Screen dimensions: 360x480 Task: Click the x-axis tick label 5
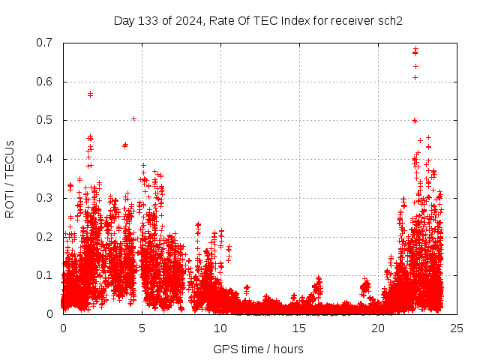(x=142, y=328)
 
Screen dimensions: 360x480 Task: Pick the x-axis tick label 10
(x=220, y=328)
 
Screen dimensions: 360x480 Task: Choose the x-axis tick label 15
(x=299, y=328)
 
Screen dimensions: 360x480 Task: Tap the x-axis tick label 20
(x=378, y=328)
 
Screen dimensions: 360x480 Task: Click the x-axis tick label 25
(x=457, y=328)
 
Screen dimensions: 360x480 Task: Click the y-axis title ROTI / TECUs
(x=10, y=178)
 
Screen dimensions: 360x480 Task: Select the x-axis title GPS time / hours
(x=258, y=349)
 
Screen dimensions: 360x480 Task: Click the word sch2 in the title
(x=390, y=20)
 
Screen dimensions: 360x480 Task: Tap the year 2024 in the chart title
(x=186, y=20)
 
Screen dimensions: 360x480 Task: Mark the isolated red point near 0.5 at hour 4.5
(x=133, y=118)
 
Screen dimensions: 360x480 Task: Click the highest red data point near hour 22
(x=415, y=49)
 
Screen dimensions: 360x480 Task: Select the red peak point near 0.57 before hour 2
(x=90, y=94)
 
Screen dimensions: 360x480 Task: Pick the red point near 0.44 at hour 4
(x=125, y=145)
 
